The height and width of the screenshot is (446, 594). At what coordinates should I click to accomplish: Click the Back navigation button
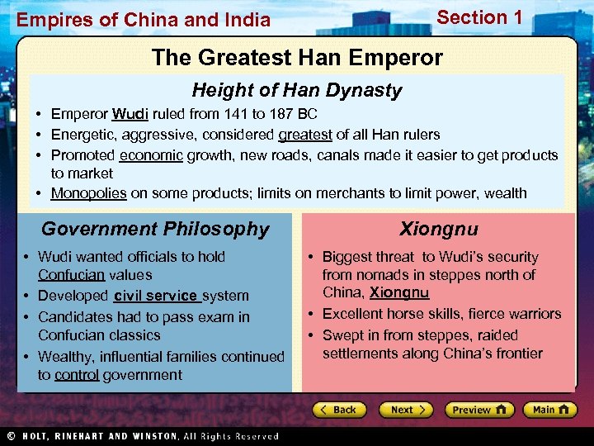tap(338, 410)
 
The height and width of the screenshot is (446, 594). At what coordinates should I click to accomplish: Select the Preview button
tap(478, 410)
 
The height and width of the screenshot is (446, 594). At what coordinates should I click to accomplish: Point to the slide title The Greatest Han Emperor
tap(297, 58)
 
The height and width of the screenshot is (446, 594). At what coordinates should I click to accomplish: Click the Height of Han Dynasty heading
tap(297, 90)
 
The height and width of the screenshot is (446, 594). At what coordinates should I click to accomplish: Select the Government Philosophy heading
tap(155, 229)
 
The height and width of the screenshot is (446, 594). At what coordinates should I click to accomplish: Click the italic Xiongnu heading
tap(439, 229)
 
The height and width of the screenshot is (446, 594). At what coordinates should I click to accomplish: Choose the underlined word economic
tap(151, 155)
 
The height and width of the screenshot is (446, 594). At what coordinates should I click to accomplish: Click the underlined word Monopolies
tap(88, 193)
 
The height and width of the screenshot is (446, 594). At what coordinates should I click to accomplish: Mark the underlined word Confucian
tap(71, 275)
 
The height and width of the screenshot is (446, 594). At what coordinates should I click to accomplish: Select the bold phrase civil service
tap(156, 296)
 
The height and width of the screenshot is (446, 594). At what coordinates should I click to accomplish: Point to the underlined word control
tap(77, 375)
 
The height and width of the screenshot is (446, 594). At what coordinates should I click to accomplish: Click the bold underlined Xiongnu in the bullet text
tap(399, 293)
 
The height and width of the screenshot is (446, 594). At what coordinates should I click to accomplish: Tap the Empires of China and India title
tap(144, 20)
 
